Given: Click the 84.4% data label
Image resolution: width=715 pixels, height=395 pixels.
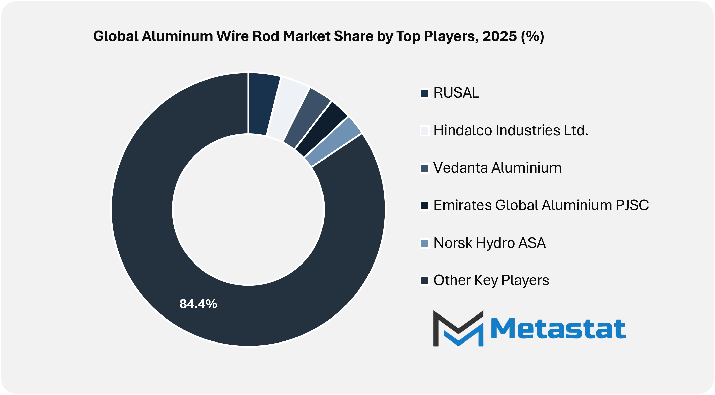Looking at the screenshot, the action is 198,304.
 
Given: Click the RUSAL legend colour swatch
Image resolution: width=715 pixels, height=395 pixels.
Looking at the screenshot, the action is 425,93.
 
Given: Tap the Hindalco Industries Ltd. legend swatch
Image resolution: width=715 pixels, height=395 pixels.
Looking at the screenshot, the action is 425,130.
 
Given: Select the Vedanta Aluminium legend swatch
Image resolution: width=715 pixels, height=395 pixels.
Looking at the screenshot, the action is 425,168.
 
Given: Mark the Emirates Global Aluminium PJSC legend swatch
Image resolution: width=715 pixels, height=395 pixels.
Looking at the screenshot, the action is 425,206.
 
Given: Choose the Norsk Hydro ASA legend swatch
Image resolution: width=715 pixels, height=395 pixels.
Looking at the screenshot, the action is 425,243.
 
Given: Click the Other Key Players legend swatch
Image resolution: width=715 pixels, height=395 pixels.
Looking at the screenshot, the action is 425,280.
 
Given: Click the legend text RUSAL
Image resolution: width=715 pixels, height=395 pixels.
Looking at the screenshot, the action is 456,93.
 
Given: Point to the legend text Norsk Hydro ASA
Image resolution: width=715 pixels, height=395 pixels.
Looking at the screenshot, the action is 490,243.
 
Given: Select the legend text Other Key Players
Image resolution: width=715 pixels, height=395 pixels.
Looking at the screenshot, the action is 491,280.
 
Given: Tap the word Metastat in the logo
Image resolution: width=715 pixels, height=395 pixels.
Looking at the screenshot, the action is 558,329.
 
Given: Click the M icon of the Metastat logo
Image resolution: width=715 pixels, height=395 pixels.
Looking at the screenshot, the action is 458,328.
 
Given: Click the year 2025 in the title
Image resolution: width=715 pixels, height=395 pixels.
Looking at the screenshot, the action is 499,36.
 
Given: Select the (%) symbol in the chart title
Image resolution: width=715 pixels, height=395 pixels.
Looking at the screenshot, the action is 532,36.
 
